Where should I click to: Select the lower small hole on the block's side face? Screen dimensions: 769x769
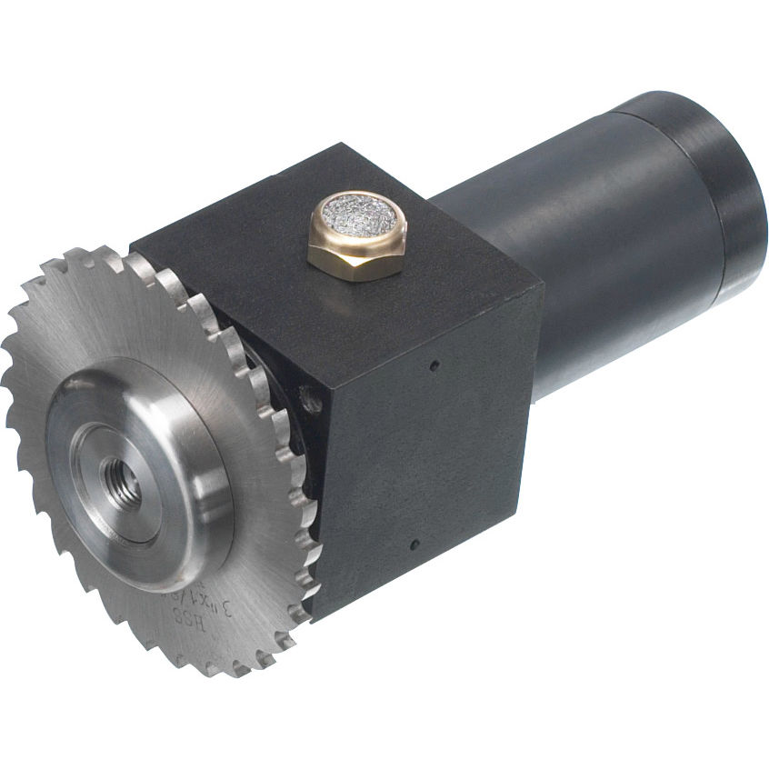414,544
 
